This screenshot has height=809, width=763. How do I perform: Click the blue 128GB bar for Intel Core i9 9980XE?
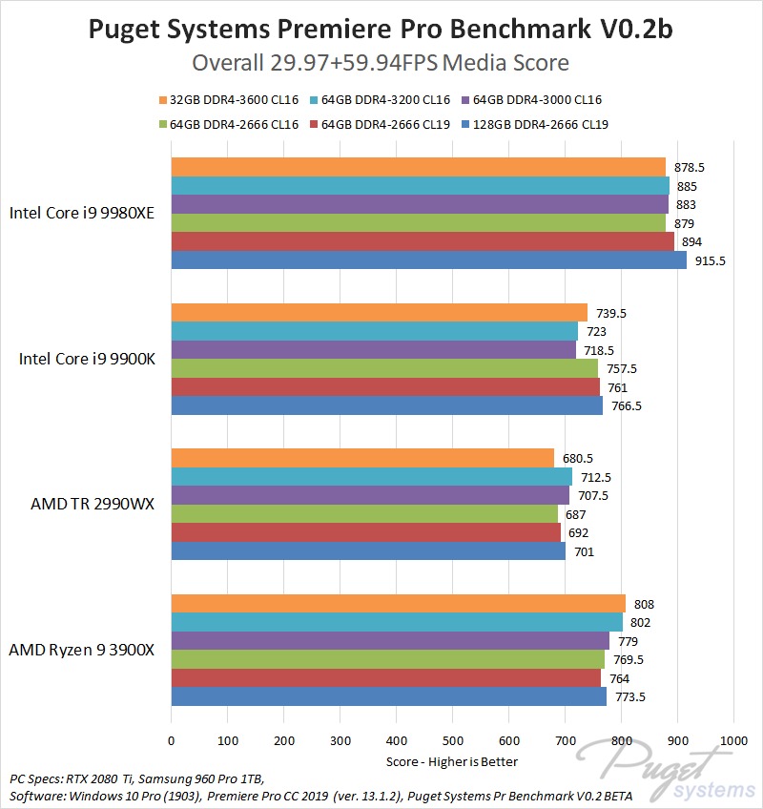428,259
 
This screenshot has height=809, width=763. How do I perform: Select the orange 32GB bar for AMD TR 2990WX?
362,458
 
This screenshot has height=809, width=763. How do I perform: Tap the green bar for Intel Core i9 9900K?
384,368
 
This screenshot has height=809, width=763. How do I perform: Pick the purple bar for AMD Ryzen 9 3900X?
390,640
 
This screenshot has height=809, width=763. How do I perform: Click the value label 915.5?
711,259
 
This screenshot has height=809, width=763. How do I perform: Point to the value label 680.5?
578,458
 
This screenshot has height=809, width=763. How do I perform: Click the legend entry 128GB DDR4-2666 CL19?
541,123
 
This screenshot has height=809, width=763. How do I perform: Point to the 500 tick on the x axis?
452,739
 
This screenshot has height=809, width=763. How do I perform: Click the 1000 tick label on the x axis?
733,739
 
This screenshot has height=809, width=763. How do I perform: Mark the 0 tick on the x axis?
172,739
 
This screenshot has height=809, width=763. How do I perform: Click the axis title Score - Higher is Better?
452,761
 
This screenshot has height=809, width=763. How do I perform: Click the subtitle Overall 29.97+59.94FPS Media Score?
381,63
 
